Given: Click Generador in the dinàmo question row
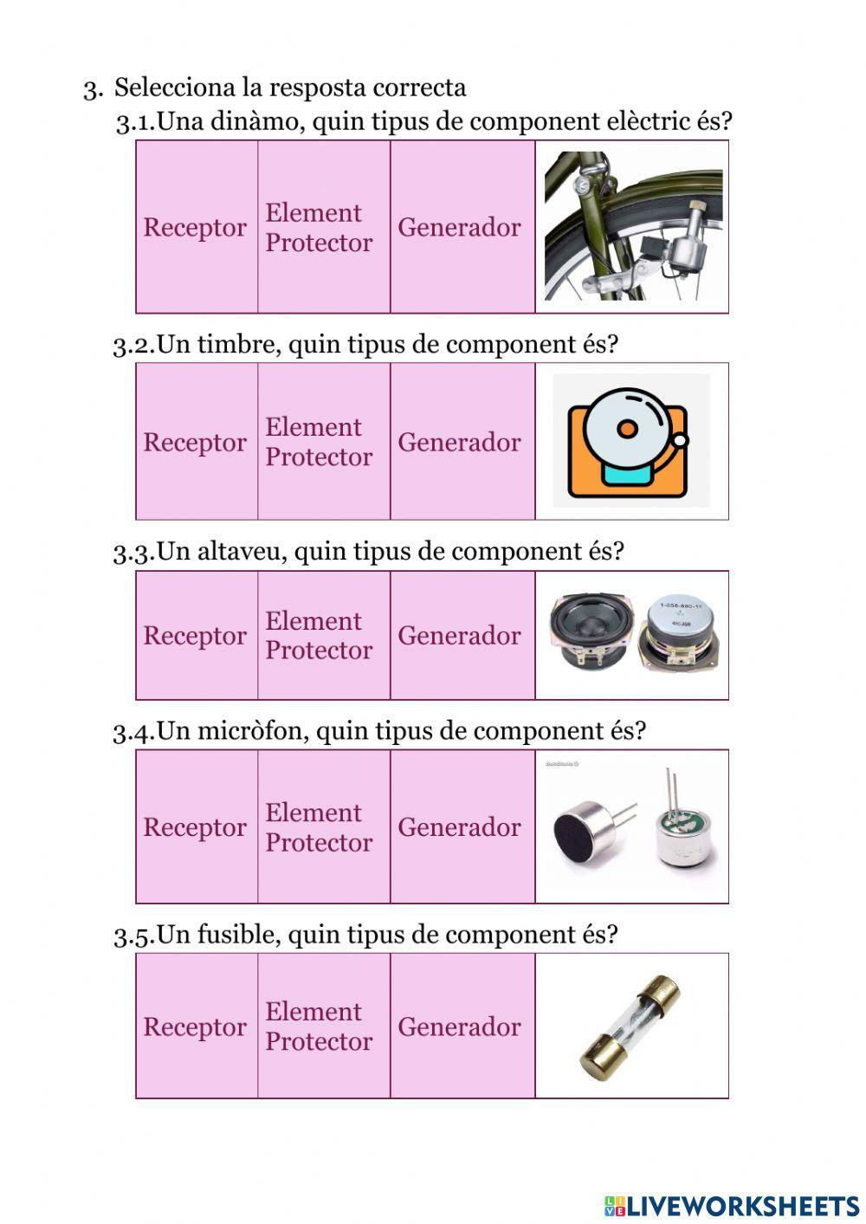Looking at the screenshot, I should click(x=459, y=228).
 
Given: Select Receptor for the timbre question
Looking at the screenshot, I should click(x=195, y=443).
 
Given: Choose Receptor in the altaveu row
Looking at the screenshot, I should click(x=195, y=636).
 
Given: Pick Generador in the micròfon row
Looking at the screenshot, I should click(x=459, y=827).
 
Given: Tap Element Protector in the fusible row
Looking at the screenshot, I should click(x=319, y=1026).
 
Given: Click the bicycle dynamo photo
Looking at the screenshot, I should click(x=633, y=227).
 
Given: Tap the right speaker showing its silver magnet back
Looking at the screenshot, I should click(x=682, y=634).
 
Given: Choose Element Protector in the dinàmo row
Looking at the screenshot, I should click(x=319, y=228).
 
